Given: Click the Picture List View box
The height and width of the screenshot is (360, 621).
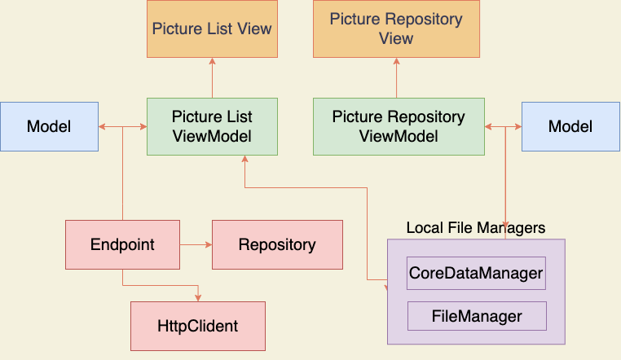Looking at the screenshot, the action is [212, 29].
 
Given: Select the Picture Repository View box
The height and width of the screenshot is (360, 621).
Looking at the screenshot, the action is [396, 29].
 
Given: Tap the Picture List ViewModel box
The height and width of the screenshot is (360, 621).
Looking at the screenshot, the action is [212, 126].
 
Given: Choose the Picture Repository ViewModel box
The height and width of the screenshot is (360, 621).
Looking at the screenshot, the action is [399, 126].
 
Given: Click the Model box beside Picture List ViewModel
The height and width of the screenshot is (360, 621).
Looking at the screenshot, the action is [50, 126].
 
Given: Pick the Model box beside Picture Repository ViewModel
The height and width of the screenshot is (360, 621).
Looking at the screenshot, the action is [570, 126].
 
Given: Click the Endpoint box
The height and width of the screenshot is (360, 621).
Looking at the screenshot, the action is [123, 245].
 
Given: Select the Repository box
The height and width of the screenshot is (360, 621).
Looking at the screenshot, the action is [278, 245].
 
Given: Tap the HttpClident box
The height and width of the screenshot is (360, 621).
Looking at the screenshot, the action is [198, 327].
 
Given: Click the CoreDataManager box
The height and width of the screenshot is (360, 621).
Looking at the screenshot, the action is [476, 274].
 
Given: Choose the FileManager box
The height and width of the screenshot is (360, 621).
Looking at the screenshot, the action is [477, 316].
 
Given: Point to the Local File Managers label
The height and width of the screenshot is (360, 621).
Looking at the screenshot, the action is [476, 228].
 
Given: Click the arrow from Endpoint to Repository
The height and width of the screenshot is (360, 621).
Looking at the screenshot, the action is [196, 245].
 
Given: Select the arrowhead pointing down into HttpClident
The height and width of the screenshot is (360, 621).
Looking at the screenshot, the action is [198, 298].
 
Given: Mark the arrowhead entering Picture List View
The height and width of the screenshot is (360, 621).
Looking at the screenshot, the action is [212, 61].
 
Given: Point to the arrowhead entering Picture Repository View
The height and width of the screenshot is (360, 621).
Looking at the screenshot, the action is [396, 61].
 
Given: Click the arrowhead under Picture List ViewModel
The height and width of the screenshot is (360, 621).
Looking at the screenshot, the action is [244, 159].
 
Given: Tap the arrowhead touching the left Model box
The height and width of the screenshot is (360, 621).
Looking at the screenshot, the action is [102, 126].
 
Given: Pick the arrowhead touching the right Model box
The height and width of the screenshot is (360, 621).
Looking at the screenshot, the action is [518, 126].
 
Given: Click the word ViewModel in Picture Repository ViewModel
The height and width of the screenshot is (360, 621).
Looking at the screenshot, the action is [399, 137].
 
